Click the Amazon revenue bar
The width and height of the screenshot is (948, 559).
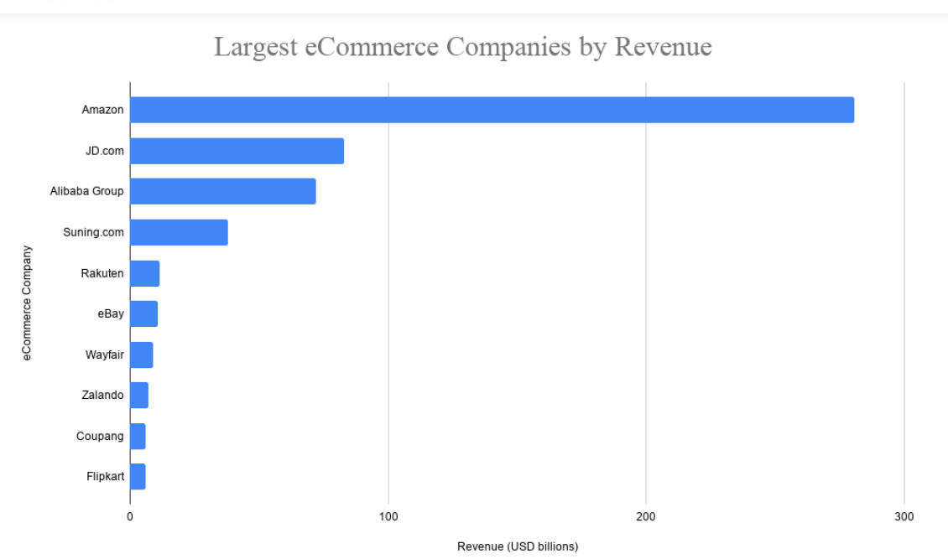(x=492, y=110)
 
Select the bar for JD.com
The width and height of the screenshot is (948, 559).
(x=237, y=151)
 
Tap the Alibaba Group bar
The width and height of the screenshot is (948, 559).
(x=222, y=191)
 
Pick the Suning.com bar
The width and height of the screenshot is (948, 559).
(x=179, y=232)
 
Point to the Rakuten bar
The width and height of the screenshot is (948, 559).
(x=144, y=273)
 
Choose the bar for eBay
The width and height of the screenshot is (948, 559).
(x=143, y=313)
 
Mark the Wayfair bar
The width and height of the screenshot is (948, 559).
(x=141, y=355)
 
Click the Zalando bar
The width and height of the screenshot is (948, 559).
(x=139, y=395)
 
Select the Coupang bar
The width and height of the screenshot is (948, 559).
(x=138, y=436)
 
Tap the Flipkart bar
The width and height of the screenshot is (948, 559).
(x=138, y=476)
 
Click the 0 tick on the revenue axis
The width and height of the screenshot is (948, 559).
(x=130, y=517)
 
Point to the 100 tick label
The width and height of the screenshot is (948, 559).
(x=388, y=517)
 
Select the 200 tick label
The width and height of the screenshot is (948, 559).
(x=646, y=517)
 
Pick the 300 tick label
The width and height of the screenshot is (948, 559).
(x=904, y=517)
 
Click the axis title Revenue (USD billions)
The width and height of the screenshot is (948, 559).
(x=518, y=546)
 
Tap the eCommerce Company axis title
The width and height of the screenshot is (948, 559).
(x=27, y=303)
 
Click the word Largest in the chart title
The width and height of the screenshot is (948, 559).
(x=253, y=47)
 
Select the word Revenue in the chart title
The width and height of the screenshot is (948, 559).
(x=663, y=46)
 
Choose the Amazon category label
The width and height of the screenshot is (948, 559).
(x=102, y=110)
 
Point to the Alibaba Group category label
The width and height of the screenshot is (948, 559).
(x=86, y=191)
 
